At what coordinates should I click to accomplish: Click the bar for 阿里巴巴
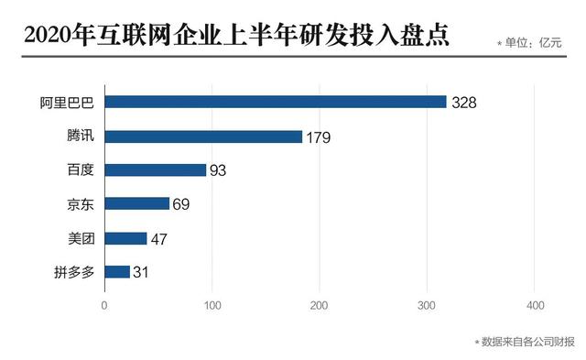pos(275,102)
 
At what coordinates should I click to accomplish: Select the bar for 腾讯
pos(203,136)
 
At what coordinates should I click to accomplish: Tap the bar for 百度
pos(155,169)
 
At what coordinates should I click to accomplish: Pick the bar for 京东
pos(136,203)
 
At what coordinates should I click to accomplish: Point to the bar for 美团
pos(125,238)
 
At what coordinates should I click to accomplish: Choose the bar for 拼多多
pos(117,271)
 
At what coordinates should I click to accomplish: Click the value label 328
pos(464,103)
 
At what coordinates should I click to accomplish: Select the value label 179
pos(318,137)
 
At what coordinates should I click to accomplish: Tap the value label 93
pos(217,170)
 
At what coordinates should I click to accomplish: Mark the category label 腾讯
pos(82,136)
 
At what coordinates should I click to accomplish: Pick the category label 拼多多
pos(79,271)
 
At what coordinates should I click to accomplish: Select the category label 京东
pos(82,203)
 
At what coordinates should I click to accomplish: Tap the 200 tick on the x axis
pos(320,306)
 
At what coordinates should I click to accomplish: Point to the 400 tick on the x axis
pos(536,306)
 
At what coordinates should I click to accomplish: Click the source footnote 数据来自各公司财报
pos(526,342)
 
